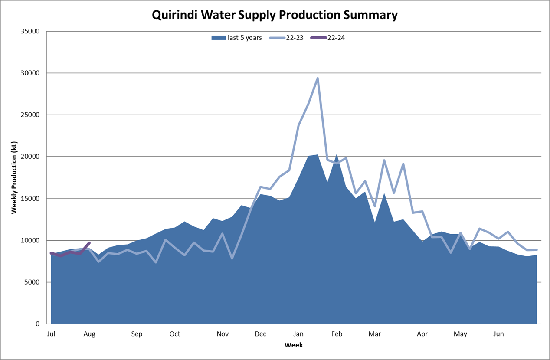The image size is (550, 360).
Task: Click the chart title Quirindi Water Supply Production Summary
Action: [x=275, y=15]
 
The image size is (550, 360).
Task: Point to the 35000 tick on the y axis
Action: [x=31, y=31]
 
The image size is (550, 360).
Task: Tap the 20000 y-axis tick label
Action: [x=31, y=157]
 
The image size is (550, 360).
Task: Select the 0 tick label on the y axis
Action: [x=38, y=324]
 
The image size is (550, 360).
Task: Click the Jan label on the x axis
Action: [x=298, y=334]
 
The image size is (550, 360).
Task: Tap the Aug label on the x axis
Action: [x=89, y=334]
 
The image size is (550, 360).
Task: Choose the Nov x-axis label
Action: [x=223, y=334]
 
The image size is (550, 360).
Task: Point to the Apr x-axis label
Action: [x=422, y=334]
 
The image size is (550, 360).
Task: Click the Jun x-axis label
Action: [x=499, y=334]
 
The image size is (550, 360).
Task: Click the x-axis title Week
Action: [x=294, y=345]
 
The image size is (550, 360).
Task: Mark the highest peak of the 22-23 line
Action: [x=318, y=79]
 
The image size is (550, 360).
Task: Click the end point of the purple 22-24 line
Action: [x=89, y=243]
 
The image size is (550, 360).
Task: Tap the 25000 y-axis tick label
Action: [x=31, y=115]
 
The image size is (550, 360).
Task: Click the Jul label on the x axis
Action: [x=51, y=334]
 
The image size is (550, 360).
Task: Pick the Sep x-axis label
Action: [x=137, y=334]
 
